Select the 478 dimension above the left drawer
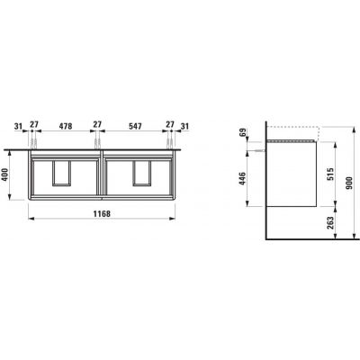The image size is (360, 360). click(64, 126)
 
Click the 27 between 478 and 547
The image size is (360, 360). click(97, 126)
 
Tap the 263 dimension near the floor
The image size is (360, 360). click(332, 221)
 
